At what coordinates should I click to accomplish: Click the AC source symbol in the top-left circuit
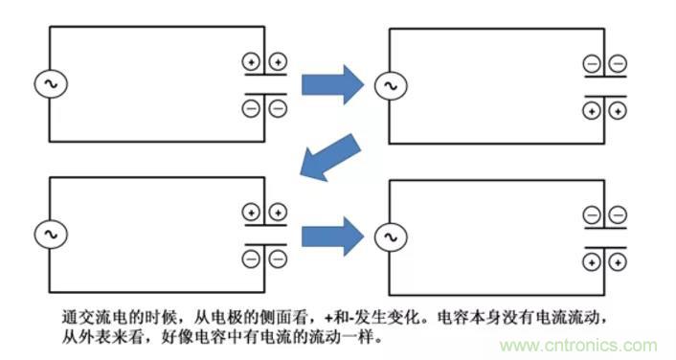coord(49,85)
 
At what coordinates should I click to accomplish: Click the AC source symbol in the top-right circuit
coord(388,86)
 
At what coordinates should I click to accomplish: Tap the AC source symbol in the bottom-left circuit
coord(49,234)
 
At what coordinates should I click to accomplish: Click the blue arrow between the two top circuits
coord(332,85)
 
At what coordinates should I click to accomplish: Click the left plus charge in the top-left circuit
coord(252,62)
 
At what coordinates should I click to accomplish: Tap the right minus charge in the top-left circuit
coord(278,108)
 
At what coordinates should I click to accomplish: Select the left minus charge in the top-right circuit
coord(592,64)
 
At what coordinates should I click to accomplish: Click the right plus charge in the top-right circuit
coord(618,111)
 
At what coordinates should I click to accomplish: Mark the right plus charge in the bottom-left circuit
coord(278,212)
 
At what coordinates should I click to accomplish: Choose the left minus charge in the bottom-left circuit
coord(252,257)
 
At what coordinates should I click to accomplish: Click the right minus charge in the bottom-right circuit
coord(618,214)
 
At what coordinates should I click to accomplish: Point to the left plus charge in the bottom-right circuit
coord(592,260)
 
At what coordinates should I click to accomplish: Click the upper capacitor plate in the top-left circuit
coord(265,79)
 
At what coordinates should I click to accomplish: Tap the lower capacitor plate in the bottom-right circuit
coord(605,244)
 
